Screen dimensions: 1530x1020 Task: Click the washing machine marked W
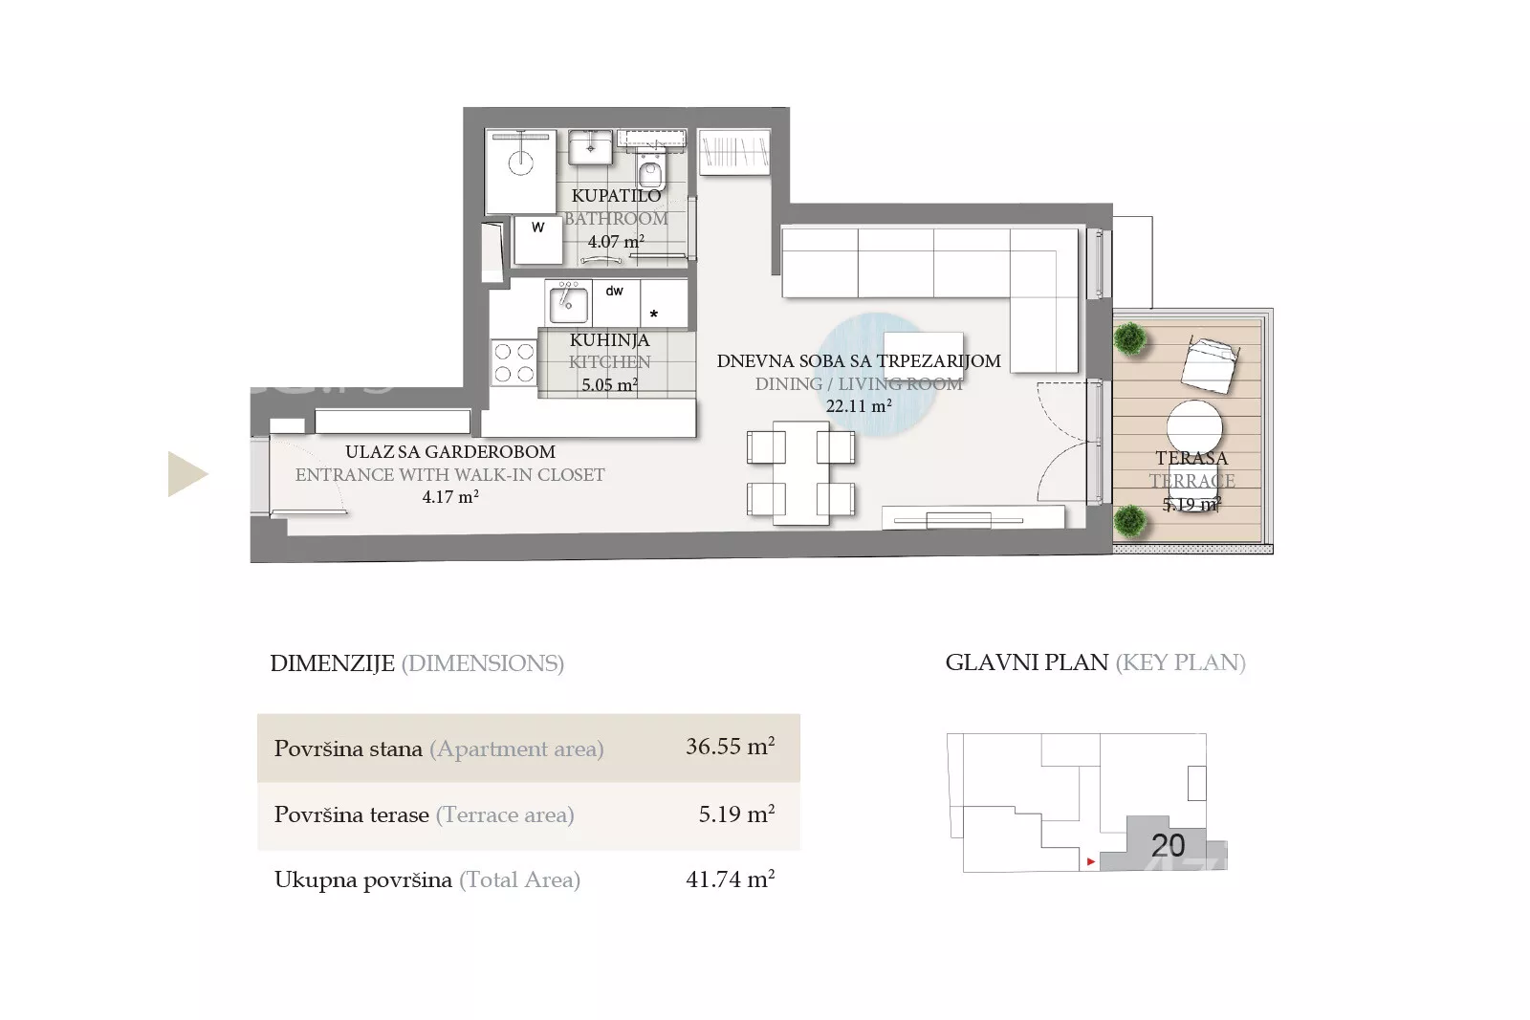tap(538, 240)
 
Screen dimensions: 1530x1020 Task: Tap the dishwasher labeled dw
tap(616, 302)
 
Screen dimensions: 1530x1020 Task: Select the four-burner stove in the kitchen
tap(514, 362)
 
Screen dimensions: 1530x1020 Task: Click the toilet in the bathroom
tap(651, 168)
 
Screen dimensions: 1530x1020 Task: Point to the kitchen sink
tap(568, 303)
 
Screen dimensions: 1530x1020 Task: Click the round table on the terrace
tap(1194, 427)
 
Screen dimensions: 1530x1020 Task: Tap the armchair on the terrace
tap(1211, 364)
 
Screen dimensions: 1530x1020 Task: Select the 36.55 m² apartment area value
tap(731, 747)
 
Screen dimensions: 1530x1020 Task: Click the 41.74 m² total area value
tap(731, 879)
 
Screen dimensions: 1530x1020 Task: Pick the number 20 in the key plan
tap(1168, 846)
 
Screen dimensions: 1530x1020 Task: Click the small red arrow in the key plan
tap(1091, 861)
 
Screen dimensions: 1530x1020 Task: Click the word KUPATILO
tap(616, 195)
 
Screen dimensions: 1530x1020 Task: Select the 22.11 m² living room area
tap(859, 406)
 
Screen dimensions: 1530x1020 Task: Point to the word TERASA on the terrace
tap(1191, 458)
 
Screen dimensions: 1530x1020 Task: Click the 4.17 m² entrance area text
tap(450, 497)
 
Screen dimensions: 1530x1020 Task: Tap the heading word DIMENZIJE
tap(333, 662)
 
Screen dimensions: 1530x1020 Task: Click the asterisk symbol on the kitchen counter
tap(654, 315)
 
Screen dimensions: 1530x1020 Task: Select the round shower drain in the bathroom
tap(520, 163)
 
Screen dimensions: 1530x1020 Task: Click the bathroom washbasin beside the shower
tap(591, 147)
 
